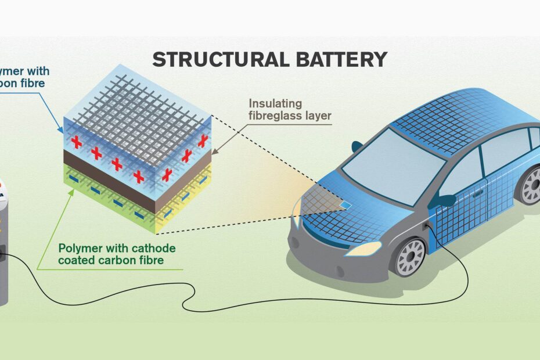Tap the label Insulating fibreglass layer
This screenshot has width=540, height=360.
[x=290, y=110]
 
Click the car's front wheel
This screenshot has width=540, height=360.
[x=411, y=257]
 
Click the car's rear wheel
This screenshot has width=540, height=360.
[x=529, y=185]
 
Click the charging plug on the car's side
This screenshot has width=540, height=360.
[x=430, y=223]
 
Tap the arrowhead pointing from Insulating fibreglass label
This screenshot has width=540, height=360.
[x=214, y=152]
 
